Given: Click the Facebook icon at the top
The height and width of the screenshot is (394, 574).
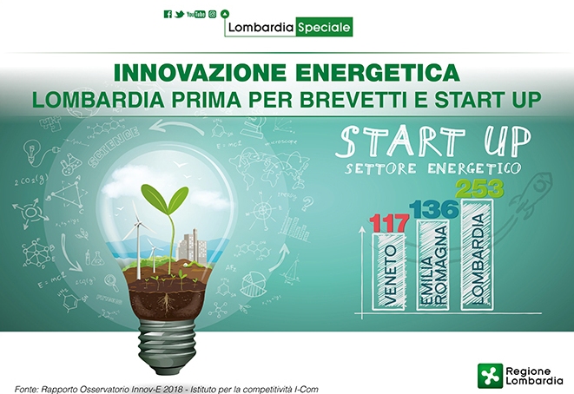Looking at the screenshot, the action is click(x=168, y=14).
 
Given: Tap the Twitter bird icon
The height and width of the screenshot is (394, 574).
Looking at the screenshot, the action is click(x=180, y=14).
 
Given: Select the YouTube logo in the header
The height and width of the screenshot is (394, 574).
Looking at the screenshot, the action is click(x=196, y=14).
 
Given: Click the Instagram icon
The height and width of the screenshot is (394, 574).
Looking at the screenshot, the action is click(x=213, y=14).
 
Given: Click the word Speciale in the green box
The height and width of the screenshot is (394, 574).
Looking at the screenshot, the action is click(x=324, y=27).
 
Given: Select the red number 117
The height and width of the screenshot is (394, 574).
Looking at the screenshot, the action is click(x=389, y=223).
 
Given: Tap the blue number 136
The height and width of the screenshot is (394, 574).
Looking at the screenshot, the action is click(x=434, y=209).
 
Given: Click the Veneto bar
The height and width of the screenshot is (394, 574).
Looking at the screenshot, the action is click(x=389, y=272).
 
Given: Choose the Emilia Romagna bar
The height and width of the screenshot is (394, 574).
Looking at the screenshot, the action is click(x=433, y=265).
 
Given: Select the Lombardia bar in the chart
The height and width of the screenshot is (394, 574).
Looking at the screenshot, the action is click(x=478, y=254).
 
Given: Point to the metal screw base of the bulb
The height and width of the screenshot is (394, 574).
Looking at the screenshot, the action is click(x=167, y=346).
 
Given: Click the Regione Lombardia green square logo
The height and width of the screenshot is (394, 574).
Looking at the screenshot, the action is click(x=490, y=376).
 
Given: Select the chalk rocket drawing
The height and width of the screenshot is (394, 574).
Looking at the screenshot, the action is click(x=529, y=194).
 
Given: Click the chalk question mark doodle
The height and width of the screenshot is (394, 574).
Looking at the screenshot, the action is click(x=307, y=203).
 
